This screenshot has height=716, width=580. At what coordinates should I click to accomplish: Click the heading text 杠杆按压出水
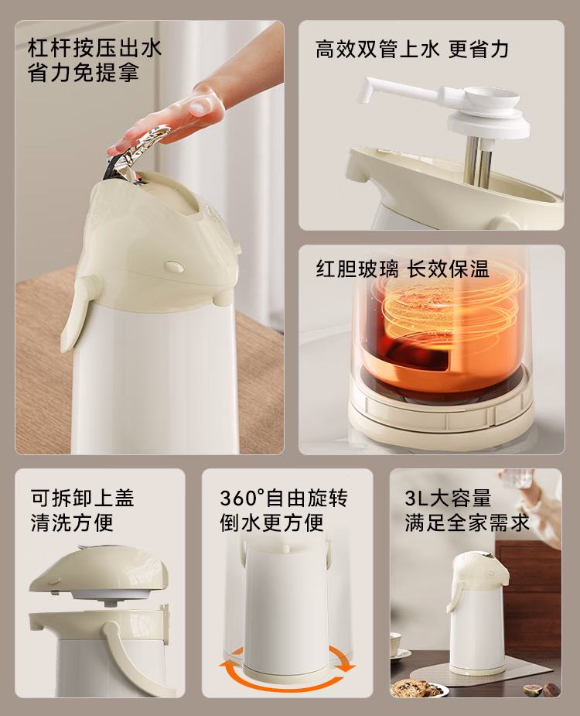tap(94, 48)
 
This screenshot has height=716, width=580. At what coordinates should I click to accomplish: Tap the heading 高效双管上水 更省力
tap(411, 50)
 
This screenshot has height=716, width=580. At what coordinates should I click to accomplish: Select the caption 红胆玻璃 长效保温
tap(402, 269)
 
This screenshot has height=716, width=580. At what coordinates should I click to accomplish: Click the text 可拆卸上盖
tap(82, 498)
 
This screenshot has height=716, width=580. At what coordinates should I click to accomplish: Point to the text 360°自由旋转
tap(283, 498)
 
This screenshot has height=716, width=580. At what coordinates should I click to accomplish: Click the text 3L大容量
tap(448, 498)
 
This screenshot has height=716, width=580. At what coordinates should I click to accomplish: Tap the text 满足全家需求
tap(467, 522)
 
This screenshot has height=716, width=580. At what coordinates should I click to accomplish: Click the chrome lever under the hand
tap(137, 153)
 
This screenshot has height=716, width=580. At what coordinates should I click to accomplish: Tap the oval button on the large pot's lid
tap(174, 266)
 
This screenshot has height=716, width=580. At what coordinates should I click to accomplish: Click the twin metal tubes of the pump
tap(477, 162)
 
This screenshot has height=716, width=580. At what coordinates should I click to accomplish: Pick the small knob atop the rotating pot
tap(286, 548)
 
